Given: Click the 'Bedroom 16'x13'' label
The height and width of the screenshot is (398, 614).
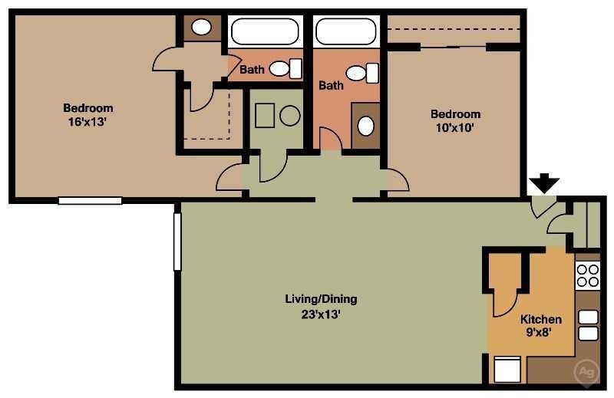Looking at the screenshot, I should [x=87, y=114].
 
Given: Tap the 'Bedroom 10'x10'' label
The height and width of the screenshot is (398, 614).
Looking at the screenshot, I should [x=455, y=120].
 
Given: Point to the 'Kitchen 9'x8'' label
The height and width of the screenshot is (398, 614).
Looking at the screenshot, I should [x=541, y=326].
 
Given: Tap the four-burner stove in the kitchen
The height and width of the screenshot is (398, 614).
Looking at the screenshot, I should [x=587, y=275].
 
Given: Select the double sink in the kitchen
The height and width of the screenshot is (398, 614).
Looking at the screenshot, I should [x=588, y=324].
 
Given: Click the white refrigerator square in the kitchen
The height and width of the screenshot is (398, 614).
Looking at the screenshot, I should [x=507, y=370].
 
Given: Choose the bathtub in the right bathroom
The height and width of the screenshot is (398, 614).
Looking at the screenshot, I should [x=345, y=31].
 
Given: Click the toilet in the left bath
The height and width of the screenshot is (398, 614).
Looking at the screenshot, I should [x=285, y=69].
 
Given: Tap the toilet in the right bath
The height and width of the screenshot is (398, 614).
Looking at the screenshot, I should [x=362, y=73].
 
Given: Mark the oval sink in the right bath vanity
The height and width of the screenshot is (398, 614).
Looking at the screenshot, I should [x=367, y=125].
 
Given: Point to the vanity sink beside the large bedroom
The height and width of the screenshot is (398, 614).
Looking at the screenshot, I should [x=201, y=28].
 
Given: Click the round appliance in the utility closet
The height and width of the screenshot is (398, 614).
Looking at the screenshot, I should [x=289, y=117].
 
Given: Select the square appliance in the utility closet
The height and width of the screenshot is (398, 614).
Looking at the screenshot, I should [x=265, y=116].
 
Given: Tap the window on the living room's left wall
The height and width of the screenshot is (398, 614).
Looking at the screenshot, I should [x=177, y=242].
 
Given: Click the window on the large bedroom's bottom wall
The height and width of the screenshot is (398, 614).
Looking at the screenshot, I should [x=90, y=201].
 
